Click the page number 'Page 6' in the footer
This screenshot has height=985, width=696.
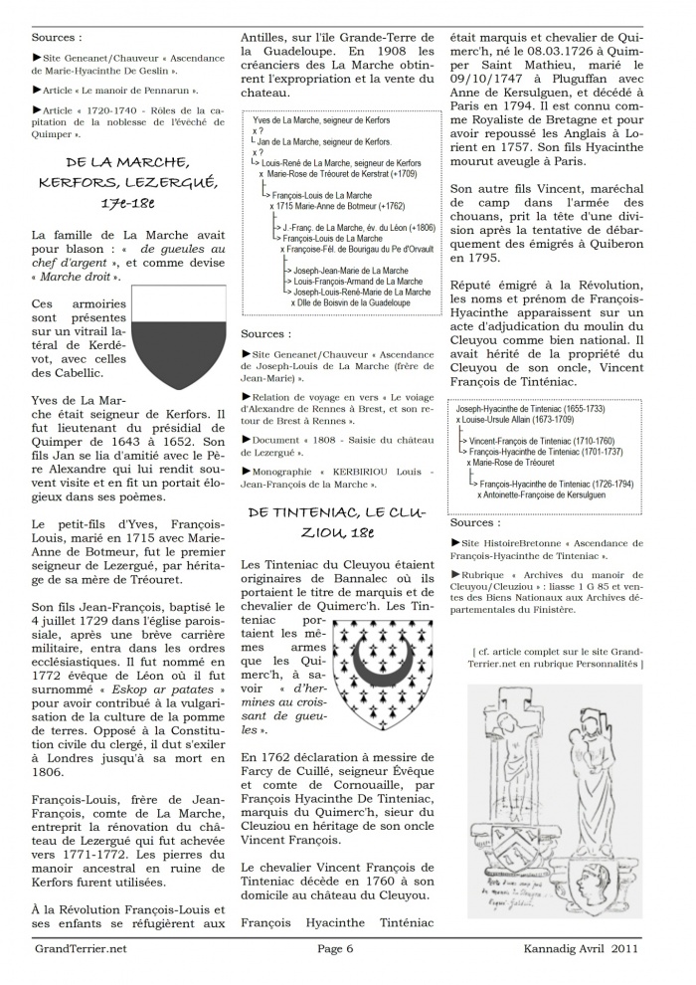click(x=336, y=976)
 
